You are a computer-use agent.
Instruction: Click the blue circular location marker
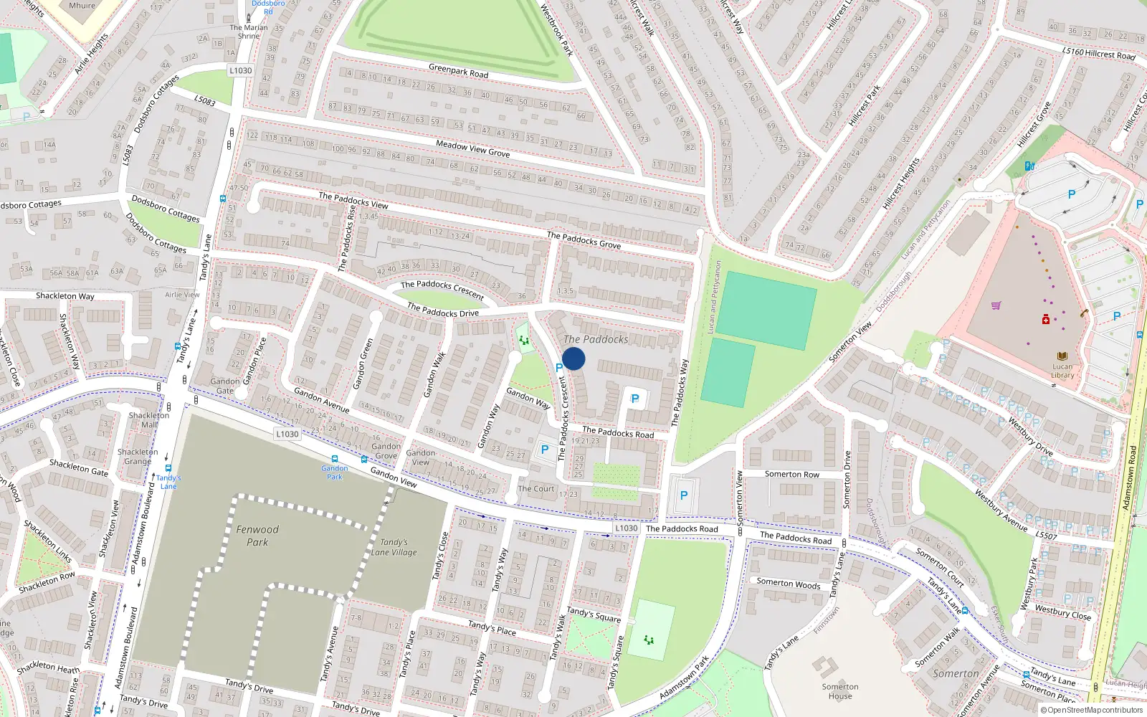573,358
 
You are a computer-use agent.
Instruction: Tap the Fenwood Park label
257,536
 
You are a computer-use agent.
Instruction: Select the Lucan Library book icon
1062,356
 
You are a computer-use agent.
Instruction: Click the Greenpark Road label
458,71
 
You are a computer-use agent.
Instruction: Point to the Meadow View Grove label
472,148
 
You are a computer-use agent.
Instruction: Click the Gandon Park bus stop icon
334,459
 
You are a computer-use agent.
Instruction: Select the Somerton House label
840,691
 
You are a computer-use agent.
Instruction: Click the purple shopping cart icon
996,305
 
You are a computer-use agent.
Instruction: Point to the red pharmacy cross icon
1046,319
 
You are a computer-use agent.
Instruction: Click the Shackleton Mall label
149,419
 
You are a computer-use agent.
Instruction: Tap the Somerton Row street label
791,474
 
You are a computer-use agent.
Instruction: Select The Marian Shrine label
249,32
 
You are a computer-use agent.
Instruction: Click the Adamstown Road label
1130,478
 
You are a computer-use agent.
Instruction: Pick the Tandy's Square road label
594,614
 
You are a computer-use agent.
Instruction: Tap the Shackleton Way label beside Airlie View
65,295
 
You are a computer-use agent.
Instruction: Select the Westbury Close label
1062,612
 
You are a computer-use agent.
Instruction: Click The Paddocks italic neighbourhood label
596,339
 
